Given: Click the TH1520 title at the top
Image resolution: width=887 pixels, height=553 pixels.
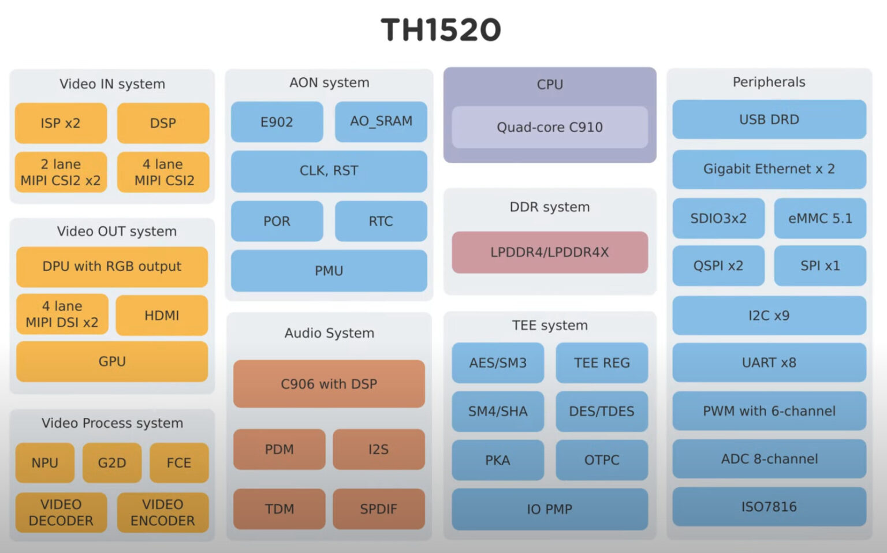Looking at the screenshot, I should [441, 30].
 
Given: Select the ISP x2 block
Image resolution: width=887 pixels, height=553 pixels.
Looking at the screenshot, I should [61, 123].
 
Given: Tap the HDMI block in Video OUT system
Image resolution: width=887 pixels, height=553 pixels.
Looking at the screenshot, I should [162, 315].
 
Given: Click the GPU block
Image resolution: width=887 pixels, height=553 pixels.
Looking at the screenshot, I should [112, 361].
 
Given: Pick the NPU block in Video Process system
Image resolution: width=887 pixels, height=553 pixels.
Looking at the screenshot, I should [45, 463].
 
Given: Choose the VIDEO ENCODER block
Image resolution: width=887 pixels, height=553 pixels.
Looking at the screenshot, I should [163, 513].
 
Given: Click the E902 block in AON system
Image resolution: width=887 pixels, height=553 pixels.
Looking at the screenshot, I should [277, 122].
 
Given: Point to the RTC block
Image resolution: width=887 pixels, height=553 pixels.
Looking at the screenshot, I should [381, 221].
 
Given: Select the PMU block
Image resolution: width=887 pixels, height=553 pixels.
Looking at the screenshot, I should [329, 271].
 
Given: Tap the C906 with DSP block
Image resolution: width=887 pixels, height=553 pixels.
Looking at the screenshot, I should [329, 384].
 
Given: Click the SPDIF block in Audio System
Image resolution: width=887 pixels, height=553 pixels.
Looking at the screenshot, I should [378, 509].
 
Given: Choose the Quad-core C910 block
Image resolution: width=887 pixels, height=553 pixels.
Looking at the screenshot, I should [550, 127].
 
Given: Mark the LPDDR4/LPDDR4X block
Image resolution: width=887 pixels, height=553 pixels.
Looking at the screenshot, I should [550, 252].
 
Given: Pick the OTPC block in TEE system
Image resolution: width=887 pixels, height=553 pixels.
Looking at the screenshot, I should [602, 460].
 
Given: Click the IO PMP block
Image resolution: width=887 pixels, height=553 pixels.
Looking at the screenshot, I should [550, 509].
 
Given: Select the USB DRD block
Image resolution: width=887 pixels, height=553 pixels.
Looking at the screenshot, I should [769, 119].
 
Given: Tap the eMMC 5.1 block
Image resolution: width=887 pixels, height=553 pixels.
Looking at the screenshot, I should [820, 218].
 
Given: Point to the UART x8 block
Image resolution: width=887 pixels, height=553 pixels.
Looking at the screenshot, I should [769, 363].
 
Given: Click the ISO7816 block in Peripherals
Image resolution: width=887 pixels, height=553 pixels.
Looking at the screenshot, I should [769, 507].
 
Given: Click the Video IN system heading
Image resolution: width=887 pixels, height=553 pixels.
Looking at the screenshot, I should [112, 84].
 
